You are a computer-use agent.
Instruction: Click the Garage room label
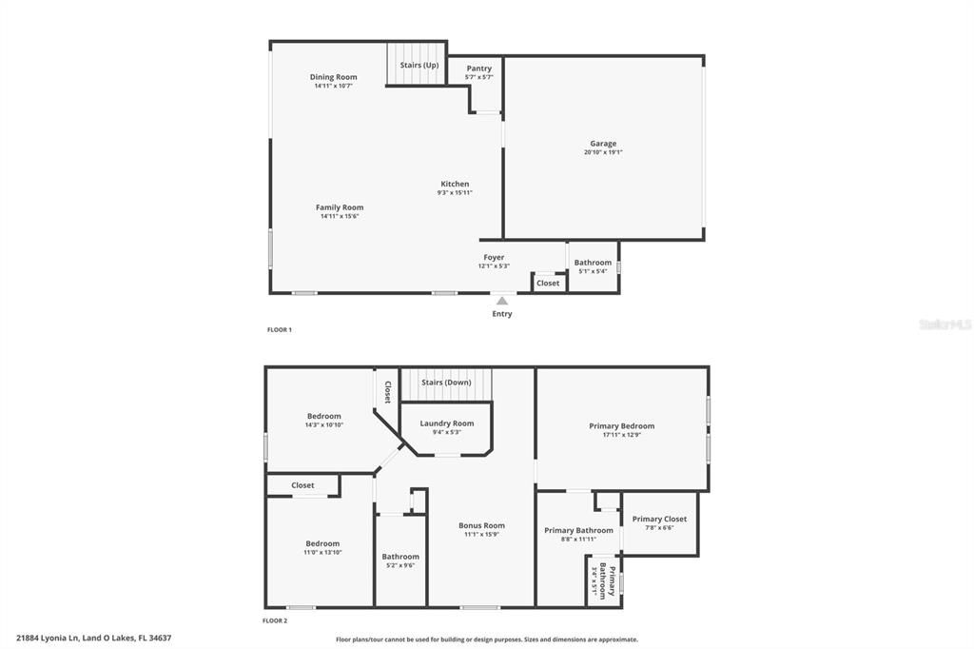[x=603, y=144]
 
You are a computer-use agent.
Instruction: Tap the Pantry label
[x=479, y=69]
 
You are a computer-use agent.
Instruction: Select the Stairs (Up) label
[x=419, y=65]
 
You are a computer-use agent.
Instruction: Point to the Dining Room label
[x=334, y=77]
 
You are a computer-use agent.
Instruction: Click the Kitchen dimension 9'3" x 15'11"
[x=455, y=192]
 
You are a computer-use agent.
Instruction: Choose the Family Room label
[x=340, y=207]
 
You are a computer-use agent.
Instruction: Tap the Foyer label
[x=494, y=257]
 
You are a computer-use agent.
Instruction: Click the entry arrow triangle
[x=502, y=301]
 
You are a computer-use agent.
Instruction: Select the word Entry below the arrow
[x=502, y=314]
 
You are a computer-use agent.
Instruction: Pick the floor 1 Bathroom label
[x=593, y=263]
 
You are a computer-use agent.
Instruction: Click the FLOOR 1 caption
[x=279, y=330]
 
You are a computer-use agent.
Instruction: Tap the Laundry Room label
[x=447, y=423]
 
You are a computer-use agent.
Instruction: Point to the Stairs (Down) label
[x=447, y=383]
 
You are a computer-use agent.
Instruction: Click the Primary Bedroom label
[x=622, y=426]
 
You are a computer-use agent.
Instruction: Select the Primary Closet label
[x=659, y=520]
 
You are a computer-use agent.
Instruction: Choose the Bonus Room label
[x=481, y=525]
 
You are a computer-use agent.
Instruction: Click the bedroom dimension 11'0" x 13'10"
[x=322, y=553]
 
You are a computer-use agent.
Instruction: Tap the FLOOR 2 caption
[x=275, y=620]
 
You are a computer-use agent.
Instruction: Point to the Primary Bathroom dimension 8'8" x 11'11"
[x=578, y=539]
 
